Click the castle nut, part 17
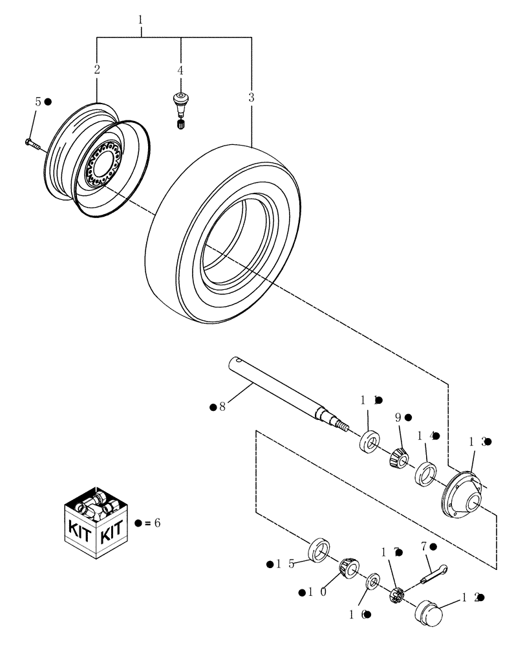(398, 594)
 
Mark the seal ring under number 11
(370, 443)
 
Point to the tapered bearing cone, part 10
(348, 568)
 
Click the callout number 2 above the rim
(97, 70)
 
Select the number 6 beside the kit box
(156, 522)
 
